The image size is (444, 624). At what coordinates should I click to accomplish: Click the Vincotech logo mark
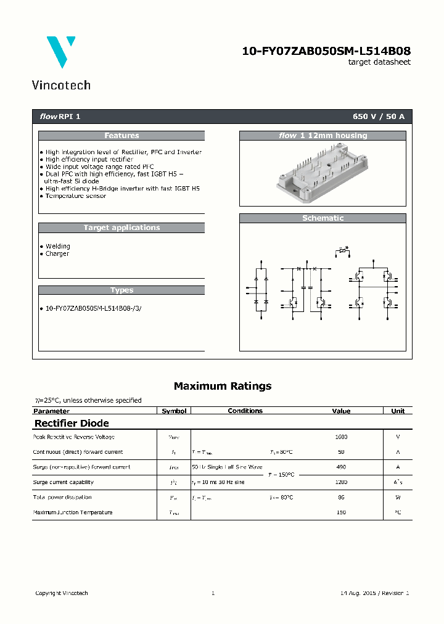coord(61,51)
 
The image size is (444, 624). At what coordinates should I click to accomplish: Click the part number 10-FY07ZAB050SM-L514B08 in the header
coord(326,52)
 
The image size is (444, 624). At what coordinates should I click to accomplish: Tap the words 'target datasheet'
coord(379,62)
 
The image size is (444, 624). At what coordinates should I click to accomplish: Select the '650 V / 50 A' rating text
coord(378,117)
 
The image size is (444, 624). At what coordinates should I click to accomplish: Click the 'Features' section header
coord(121,136)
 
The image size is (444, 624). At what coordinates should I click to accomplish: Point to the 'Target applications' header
coord(121,228)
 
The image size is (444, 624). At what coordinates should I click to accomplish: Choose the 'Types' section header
coord(121,290)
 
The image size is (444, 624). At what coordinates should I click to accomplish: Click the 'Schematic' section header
coord(323,218)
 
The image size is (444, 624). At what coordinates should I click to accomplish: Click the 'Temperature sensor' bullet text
coord(76,196)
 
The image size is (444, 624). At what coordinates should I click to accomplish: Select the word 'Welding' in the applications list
coord(58,246)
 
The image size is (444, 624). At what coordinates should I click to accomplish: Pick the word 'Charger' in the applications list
coord(57,253)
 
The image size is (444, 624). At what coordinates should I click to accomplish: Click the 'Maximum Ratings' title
coord(223,386)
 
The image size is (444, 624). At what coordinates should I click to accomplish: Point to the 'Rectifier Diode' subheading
coord(72,423)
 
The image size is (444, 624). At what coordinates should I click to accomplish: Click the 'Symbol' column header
coord(174,411)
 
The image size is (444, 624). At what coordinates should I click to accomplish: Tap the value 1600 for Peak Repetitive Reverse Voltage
coord(341,437)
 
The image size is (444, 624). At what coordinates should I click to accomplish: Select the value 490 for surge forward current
coord(341,467)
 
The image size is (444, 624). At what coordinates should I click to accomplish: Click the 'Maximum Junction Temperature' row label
coord(73,512)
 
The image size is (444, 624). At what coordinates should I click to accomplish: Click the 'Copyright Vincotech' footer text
coord(62,593)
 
